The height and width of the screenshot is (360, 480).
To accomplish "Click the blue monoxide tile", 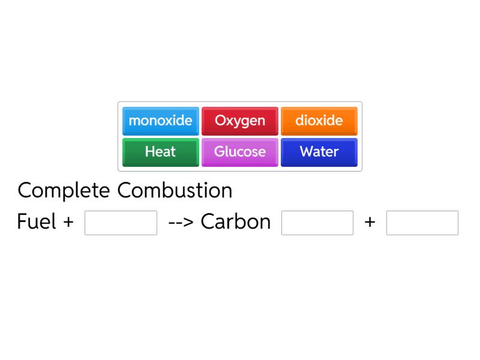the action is [x=161, y=121].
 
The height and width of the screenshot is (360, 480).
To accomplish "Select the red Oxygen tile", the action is [x=240, y=121].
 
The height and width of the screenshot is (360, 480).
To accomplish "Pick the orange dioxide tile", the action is [x=319, y=121].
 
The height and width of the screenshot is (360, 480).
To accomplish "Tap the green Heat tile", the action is [x=161, y=152].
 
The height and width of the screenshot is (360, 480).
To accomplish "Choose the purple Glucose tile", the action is [x=240, y=152].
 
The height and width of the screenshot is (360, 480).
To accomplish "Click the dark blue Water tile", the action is [x=319, y=152].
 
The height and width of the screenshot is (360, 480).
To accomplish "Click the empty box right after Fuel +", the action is [x=121, y=223].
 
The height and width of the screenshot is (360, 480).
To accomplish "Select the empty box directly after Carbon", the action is [x=317, y=223].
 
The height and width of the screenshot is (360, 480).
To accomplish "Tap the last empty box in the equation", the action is [x=422, y=223].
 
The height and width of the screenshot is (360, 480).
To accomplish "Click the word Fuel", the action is [x=37, y=221].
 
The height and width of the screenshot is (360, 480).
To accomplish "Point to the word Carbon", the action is [x=236, y=221].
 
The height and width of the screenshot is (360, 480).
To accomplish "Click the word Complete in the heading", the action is [x=64, y=191].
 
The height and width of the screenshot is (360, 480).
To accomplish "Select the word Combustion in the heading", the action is [x=175, y=190].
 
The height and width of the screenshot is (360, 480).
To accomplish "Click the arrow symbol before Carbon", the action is [x=181, y=222].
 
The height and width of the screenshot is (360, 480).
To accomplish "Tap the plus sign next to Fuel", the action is [x=68, y=222].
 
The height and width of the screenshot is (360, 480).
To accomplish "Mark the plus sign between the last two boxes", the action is [x=370, y=222].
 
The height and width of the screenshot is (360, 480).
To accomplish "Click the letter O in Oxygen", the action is [x=220, y=121].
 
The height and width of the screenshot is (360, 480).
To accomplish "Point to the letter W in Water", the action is [x=307, y=151].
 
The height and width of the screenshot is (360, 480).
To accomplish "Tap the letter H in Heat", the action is [x=149, y=151].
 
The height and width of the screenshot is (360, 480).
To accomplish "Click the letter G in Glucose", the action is [x=219, y=151].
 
